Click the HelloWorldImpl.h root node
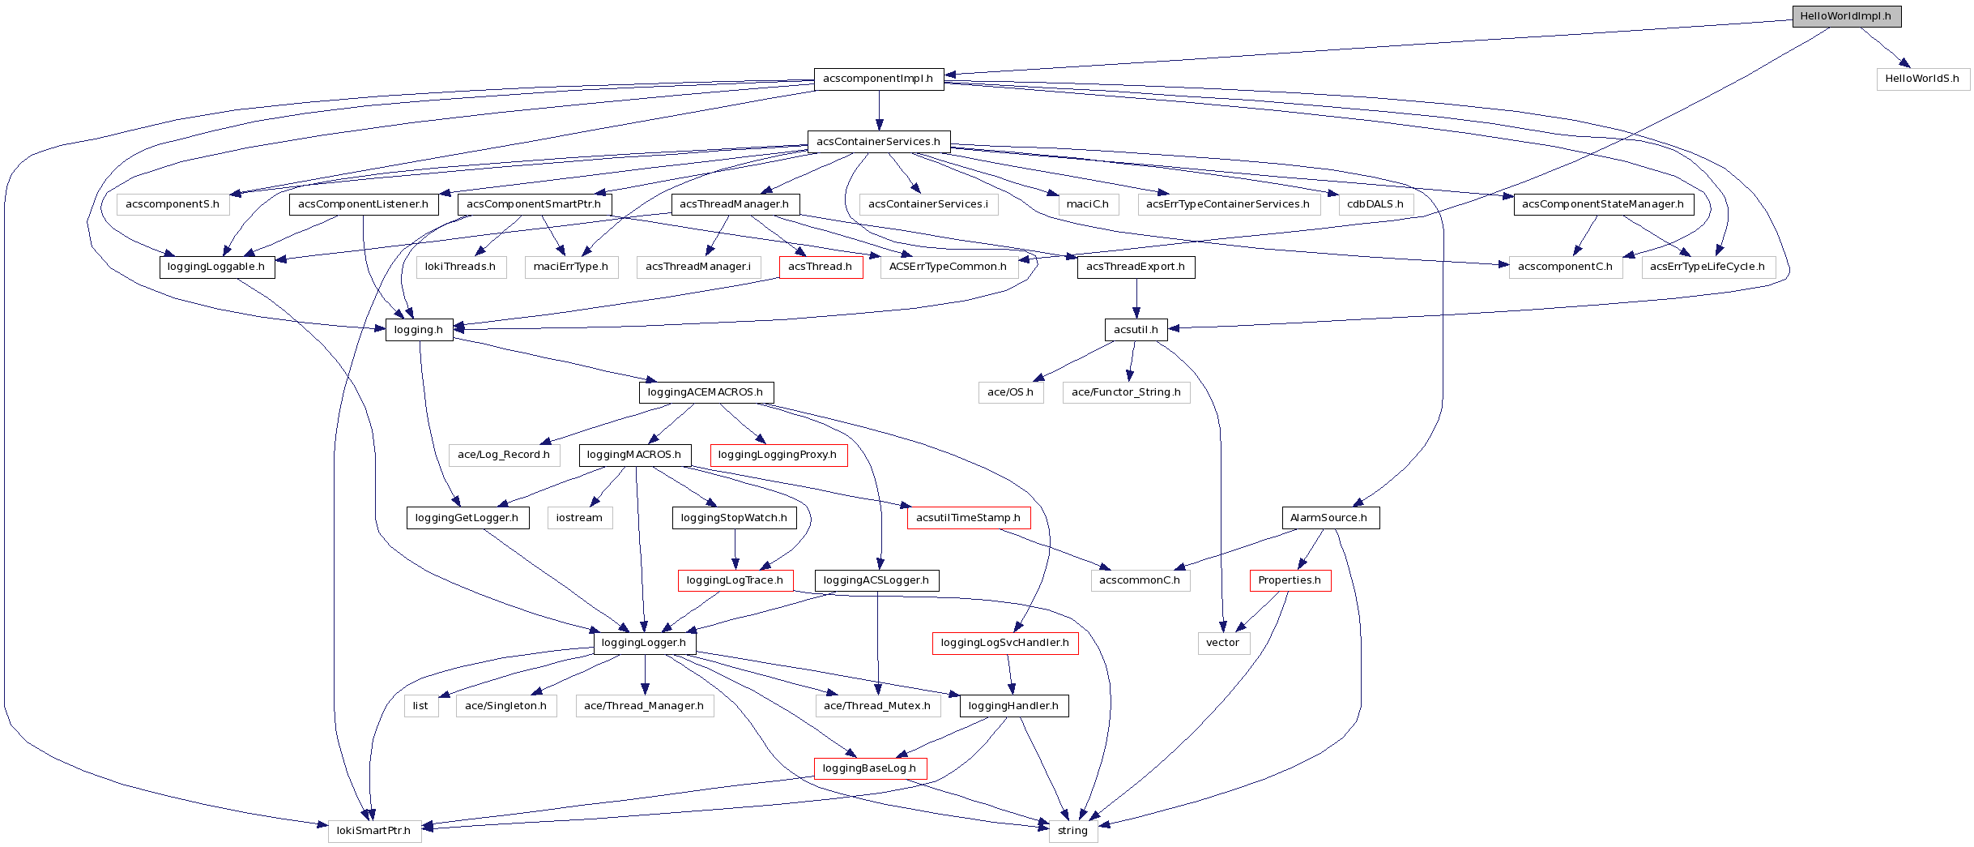coord(1846,16)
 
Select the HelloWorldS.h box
coord(1922,79)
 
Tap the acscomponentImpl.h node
coord(878,79)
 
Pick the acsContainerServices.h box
coord(878,142)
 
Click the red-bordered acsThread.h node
coord(820,267)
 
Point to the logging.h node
coord(419,330)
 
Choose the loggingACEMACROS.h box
coord(706,392)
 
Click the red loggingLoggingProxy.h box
coord(778,455)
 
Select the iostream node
coord(579,518)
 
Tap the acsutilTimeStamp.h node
coord(968,518)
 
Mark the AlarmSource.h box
coord(1329,518)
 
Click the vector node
coord(1223,643)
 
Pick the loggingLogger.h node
coord(644,643)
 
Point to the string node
coord(1072,831)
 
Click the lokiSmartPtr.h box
coord(374,831)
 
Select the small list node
coord(420,706)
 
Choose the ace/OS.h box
coord(1010,392)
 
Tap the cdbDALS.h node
coord(1375,204)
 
